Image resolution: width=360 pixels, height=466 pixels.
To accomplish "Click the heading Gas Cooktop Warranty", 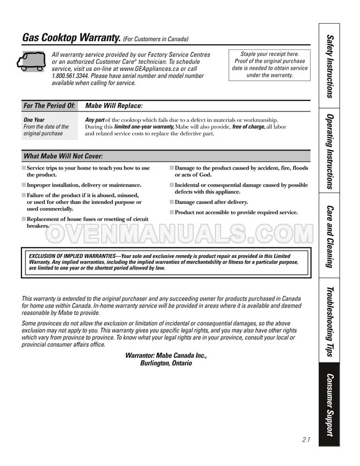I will pos(71,38).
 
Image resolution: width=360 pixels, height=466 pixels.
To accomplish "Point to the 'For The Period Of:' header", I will pos(49,106).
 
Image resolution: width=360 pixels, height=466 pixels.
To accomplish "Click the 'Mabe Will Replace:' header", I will pos(113,106).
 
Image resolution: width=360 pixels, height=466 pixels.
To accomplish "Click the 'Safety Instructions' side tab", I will pos(330,66).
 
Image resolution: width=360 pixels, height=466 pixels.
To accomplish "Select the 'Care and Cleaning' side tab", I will pos(330,236).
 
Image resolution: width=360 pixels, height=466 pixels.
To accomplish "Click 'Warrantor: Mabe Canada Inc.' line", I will pos(166,356).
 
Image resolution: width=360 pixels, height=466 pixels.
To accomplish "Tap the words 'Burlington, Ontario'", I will pos(166,363).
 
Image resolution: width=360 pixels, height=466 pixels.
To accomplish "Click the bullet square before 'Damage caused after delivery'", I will pos(171,202).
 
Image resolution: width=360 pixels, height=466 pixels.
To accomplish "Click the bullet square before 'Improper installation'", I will pos(24,185).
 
